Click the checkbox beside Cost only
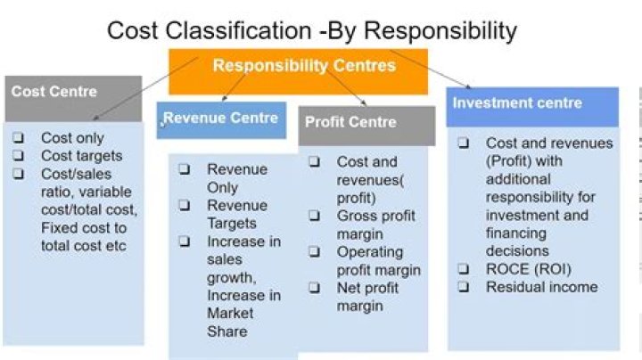click(19, 138)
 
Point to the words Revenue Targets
click(232, 214)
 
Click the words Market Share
click(230, 322)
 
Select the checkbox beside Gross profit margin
click(316, 216)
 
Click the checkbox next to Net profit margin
click(316, 288)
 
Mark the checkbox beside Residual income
click(464, 287)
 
